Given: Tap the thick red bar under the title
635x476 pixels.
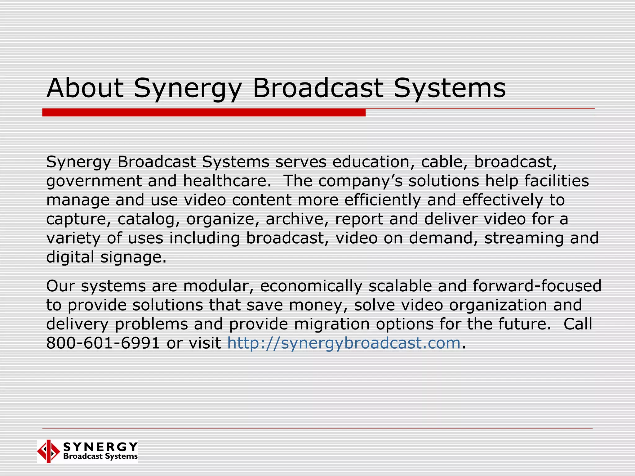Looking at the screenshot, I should coord(204,112).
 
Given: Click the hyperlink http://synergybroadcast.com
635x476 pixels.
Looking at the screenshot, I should coord(344,343).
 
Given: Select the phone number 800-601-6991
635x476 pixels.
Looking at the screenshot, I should coord(103,343).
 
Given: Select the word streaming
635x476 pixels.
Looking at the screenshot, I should coord(524,238).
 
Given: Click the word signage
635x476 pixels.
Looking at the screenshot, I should coord(133,257).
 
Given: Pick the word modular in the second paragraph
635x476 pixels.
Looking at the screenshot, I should coord(218,286).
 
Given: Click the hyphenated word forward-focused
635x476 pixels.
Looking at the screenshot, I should coord(537,286).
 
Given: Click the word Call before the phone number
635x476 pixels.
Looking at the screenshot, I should coord(578,324).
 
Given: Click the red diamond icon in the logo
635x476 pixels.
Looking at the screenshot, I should coord(48,451).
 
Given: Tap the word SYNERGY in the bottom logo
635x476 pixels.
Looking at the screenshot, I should coord(100,447).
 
